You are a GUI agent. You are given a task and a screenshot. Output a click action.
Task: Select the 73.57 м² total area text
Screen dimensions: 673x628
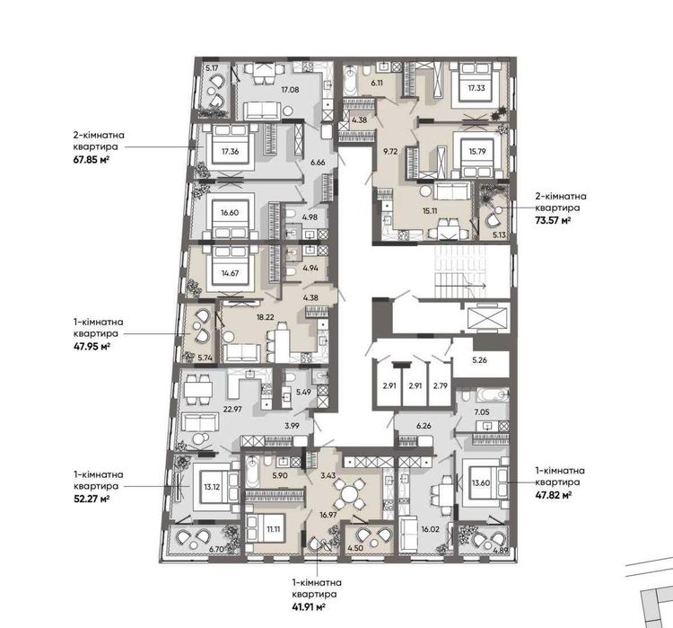[x=553, y=220]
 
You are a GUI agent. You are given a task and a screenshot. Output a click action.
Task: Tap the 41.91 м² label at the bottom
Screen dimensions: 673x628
[x=308, y=607]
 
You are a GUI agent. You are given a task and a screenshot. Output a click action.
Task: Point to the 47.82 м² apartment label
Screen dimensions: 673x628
[x=554, y=495]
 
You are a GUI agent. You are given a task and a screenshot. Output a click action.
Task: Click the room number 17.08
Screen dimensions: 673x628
[x=290, y=90]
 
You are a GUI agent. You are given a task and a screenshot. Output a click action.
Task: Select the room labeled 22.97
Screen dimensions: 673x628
[x=232, y=409]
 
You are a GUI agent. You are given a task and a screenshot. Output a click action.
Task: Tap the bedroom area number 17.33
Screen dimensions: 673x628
[x=476, y=88]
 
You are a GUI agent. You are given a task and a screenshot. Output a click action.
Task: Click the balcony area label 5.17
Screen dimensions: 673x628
[x=212, y=68]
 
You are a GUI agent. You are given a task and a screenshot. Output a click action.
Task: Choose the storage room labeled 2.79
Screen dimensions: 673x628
[x=440, y=385]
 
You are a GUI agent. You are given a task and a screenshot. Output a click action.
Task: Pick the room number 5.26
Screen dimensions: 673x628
[x=479, y=360]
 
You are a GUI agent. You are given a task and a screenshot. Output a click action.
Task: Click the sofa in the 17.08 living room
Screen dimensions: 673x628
[x=262, y=111]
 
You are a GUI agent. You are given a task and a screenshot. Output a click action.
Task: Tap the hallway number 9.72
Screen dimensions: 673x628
[x=390, y=151]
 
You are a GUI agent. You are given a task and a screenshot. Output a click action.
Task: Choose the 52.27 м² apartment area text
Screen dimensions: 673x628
[x=92, y=499]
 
